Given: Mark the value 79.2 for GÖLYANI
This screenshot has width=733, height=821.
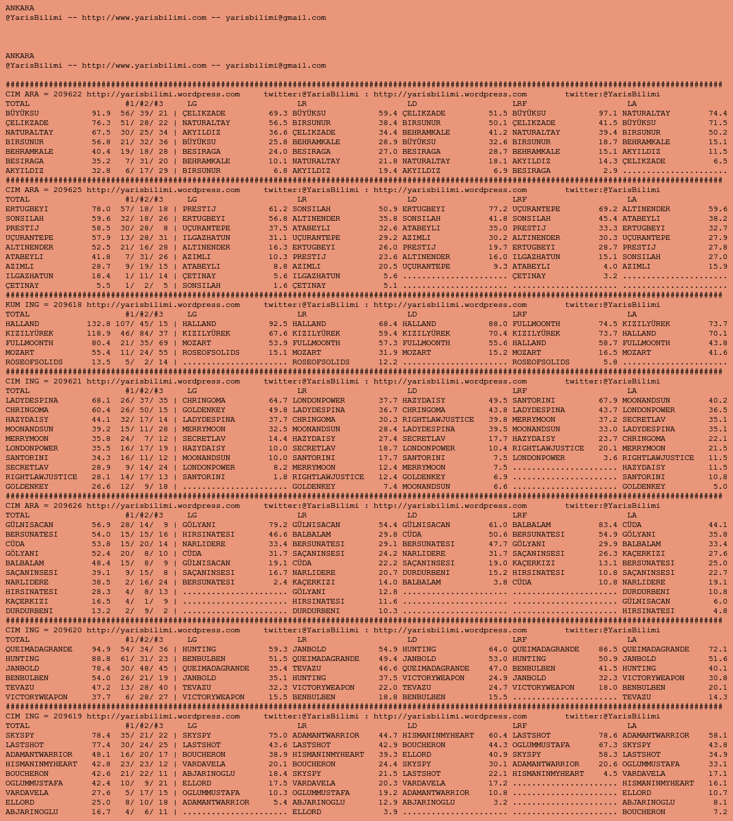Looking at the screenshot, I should coord(278,525).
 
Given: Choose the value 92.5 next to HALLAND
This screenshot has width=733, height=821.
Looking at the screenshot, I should coord(278,324).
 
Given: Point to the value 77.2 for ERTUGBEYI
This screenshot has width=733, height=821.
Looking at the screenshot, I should coord(497,209).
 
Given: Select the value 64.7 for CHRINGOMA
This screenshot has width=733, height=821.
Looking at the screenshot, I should coord(278,401).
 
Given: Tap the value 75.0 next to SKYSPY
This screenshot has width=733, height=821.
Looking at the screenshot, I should coord(278,736).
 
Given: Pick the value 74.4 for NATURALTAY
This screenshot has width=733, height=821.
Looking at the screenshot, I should coord(717,113).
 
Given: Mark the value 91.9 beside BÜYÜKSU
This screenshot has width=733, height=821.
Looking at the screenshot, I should coord(101,113).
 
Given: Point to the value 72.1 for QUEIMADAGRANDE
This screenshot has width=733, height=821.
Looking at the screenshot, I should coord(717,649).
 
